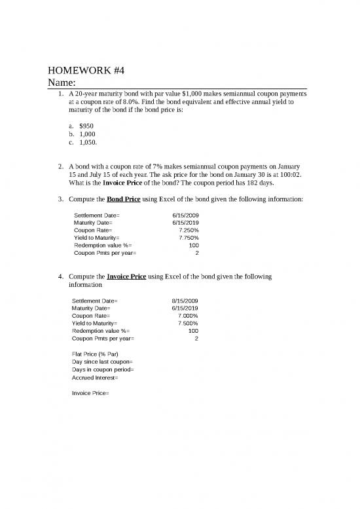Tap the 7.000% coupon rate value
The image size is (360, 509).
coord(188,316)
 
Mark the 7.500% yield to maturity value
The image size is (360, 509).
coord(188,324)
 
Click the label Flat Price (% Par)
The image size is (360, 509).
coord(95,354)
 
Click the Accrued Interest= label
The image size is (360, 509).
coord(96,378)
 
